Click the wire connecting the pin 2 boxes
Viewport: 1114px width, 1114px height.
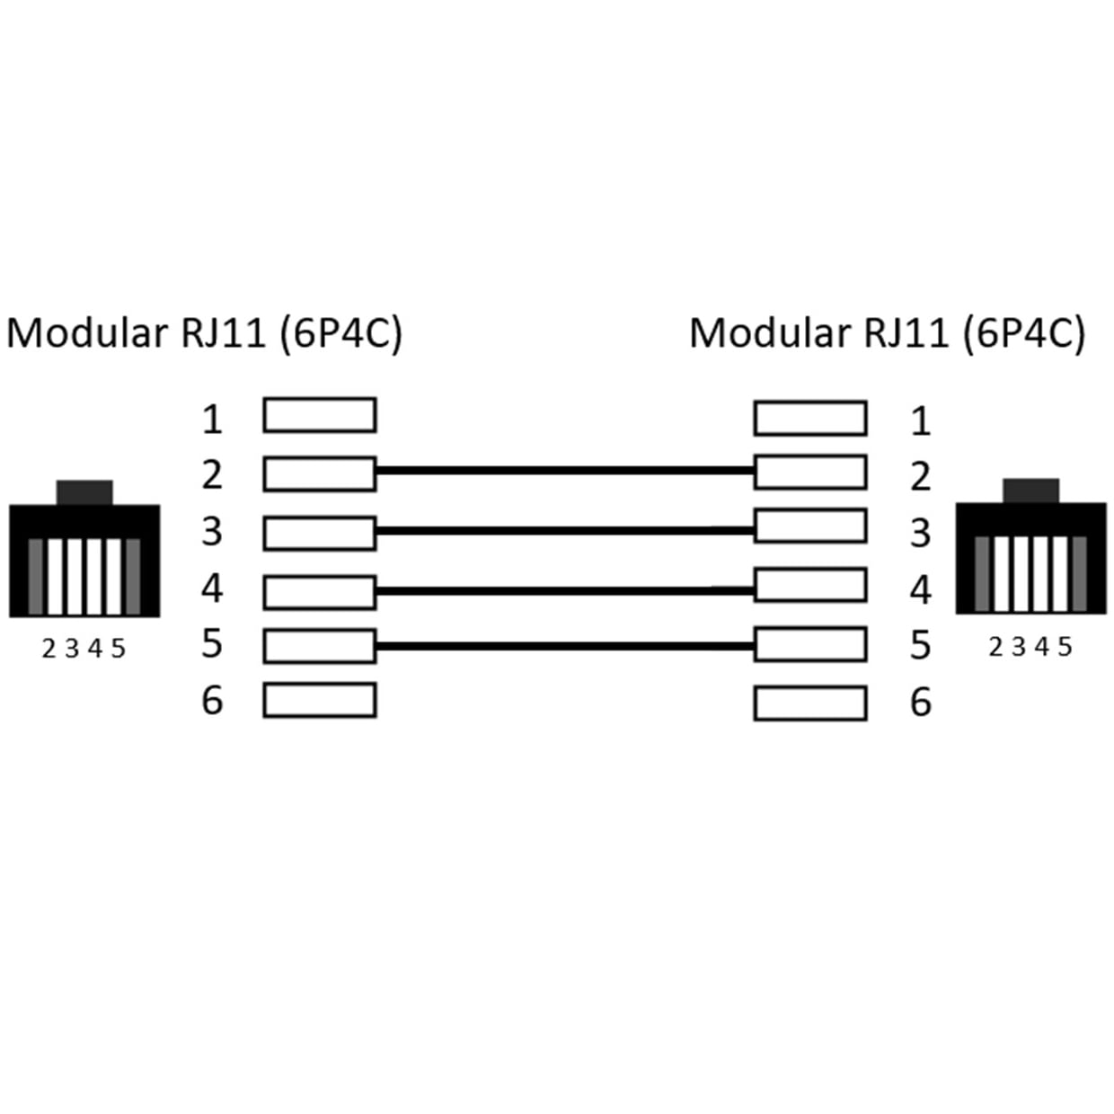point(565,471)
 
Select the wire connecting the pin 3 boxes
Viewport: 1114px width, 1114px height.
point(565,530)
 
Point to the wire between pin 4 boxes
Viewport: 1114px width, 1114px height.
point(565,590)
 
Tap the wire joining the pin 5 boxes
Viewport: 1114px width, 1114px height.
point(565,646)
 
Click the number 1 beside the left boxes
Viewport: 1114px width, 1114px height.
point(212,420)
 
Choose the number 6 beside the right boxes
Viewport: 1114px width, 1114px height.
point(921,702)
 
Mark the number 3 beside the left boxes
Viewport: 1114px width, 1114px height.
point(212,531)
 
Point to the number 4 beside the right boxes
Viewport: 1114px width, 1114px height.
point(921,589)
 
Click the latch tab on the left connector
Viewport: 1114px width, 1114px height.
point(84,492)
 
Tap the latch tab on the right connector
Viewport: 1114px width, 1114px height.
point(1030,491)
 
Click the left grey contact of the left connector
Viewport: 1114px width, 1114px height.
point(35,577)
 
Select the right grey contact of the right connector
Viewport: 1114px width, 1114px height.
point(1079,574)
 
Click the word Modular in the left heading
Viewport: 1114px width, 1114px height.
point(87,333)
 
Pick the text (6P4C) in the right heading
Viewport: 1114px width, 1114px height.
point(1024,334)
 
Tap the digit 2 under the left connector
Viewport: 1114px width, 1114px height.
point(49,649)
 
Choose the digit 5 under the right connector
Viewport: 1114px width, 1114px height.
point(1065,647)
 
